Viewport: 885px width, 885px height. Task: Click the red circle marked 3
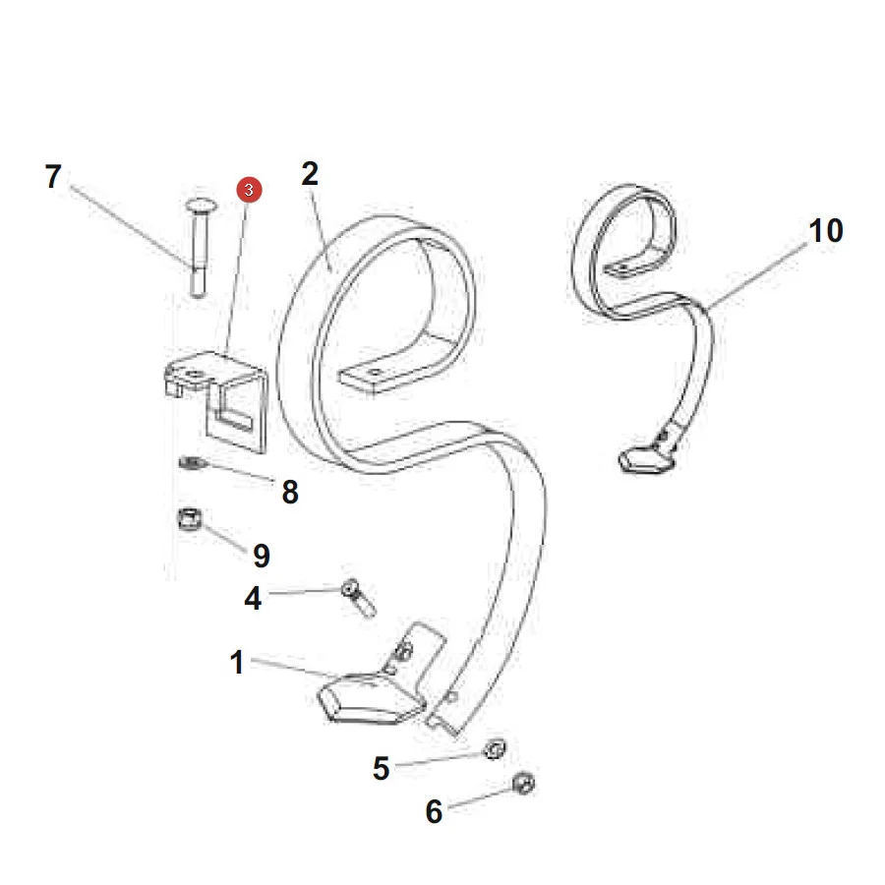click(249, 190)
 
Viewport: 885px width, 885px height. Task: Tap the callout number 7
click(53, 177)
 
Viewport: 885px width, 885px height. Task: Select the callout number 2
click(310, 173)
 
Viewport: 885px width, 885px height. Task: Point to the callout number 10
click(826, 230)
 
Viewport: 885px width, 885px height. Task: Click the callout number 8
click(290, 492)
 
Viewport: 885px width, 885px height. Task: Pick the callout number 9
click(262, 556)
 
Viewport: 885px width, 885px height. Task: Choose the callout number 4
click(253, 598)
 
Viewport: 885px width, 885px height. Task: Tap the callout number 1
click(236, 662)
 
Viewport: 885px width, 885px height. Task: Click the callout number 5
click(381, 768)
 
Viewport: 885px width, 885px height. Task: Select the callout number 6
click(434, 811)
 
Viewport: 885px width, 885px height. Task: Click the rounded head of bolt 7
click(201, 206)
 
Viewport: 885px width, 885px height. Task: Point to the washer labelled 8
click(193, 463)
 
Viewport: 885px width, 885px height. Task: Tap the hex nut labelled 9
click(190, 518)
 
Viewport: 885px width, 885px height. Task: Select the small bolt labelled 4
click(359, 598)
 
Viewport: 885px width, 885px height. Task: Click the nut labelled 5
click(495, 749)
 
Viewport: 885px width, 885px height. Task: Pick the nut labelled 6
click(523, 784)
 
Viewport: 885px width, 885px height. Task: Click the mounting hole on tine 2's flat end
click(375, 373)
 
